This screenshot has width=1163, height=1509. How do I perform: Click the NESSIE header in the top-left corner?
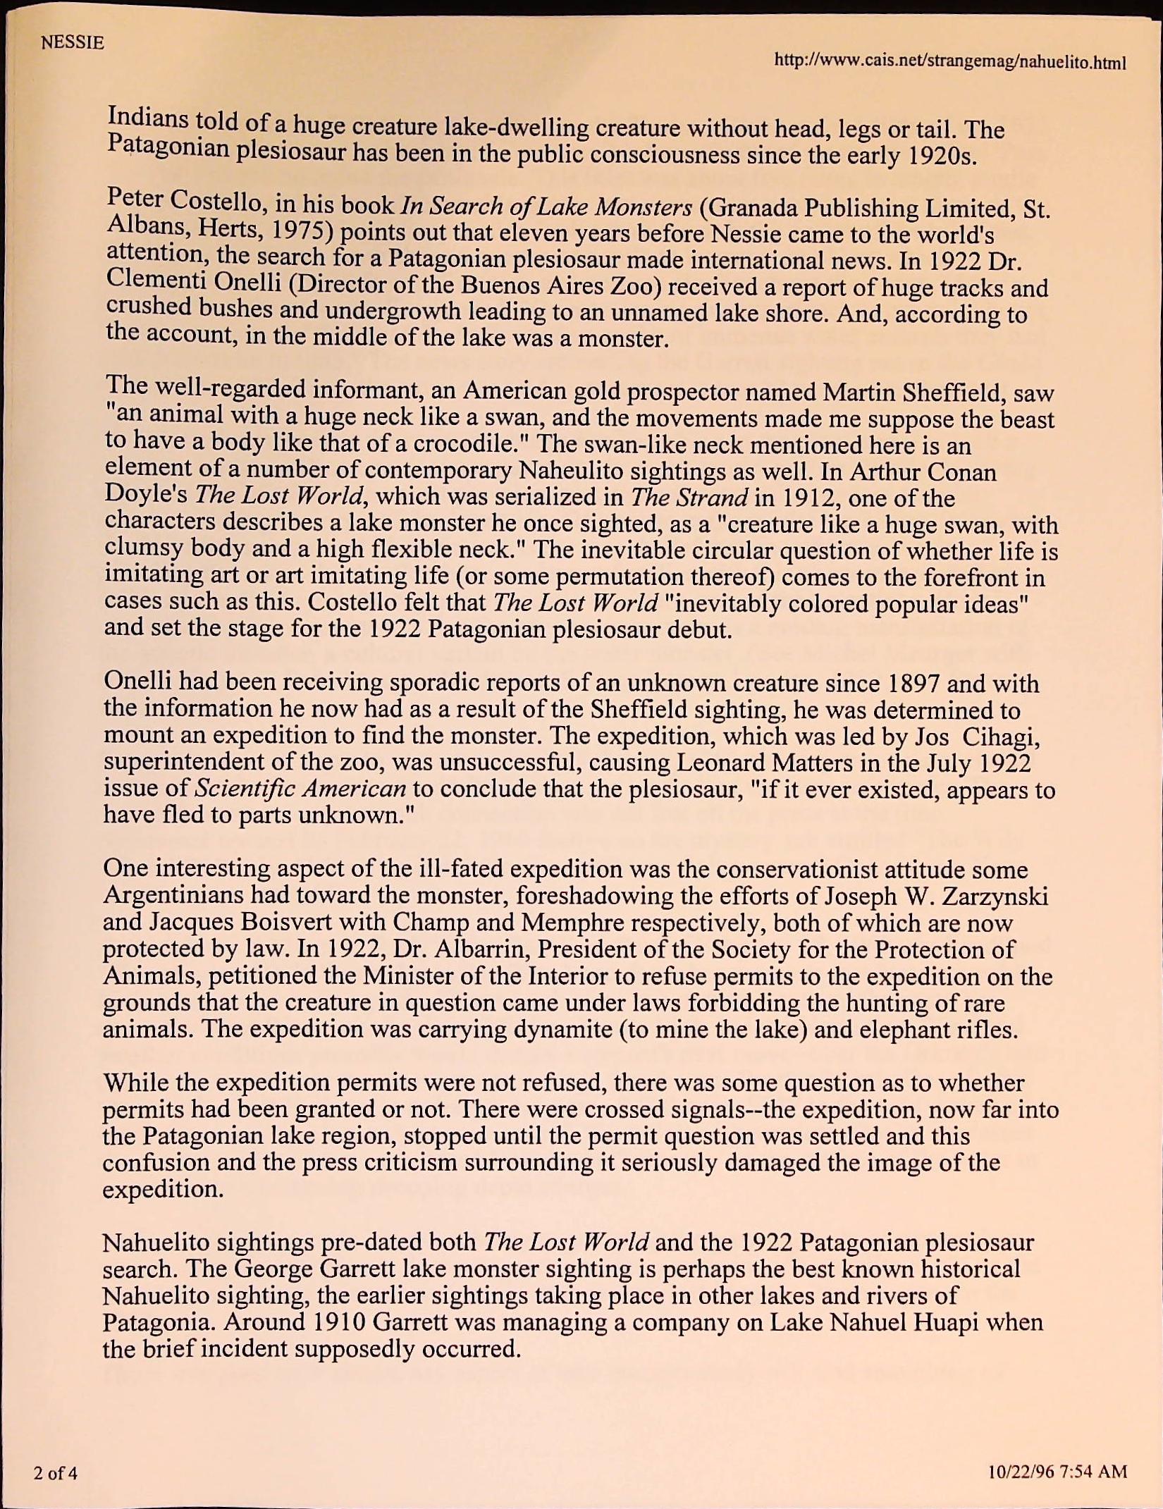coord(73,43)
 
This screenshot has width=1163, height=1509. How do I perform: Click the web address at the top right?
coord(949,61)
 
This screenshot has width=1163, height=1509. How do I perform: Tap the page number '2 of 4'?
coord(55,1472)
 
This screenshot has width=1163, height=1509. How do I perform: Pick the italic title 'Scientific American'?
coord(300,787)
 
